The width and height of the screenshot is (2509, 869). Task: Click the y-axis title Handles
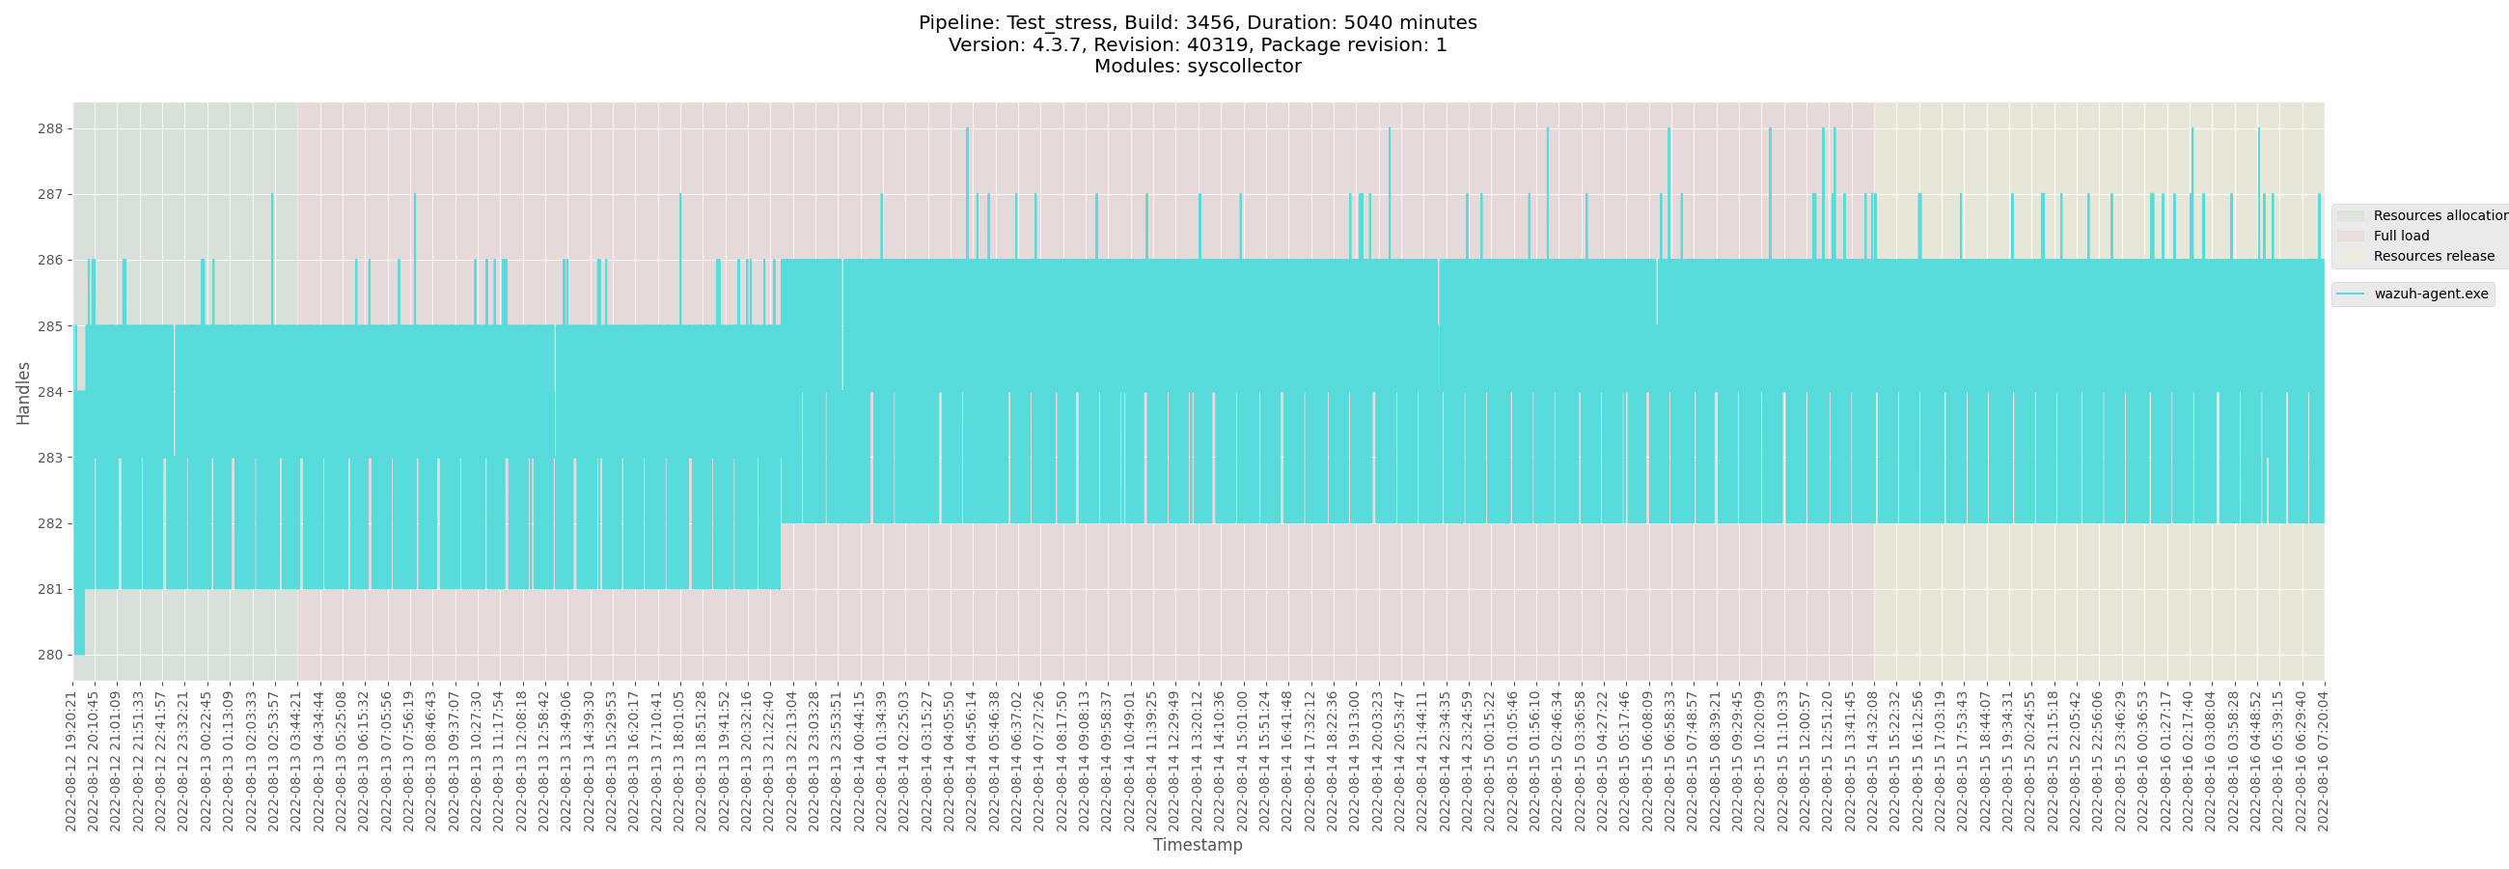(x=23, y=393)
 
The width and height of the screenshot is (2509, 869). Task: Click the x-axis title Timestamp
(x=1197, y=845)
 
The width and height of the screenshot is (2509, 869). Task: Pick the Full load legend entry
(x=2401, y=236)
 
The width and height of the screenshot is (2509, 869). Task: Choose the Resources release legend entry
(x=2433, y=256)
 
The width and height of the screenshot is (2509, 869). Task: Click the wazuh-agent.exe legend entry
(x=2430, y=294)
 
